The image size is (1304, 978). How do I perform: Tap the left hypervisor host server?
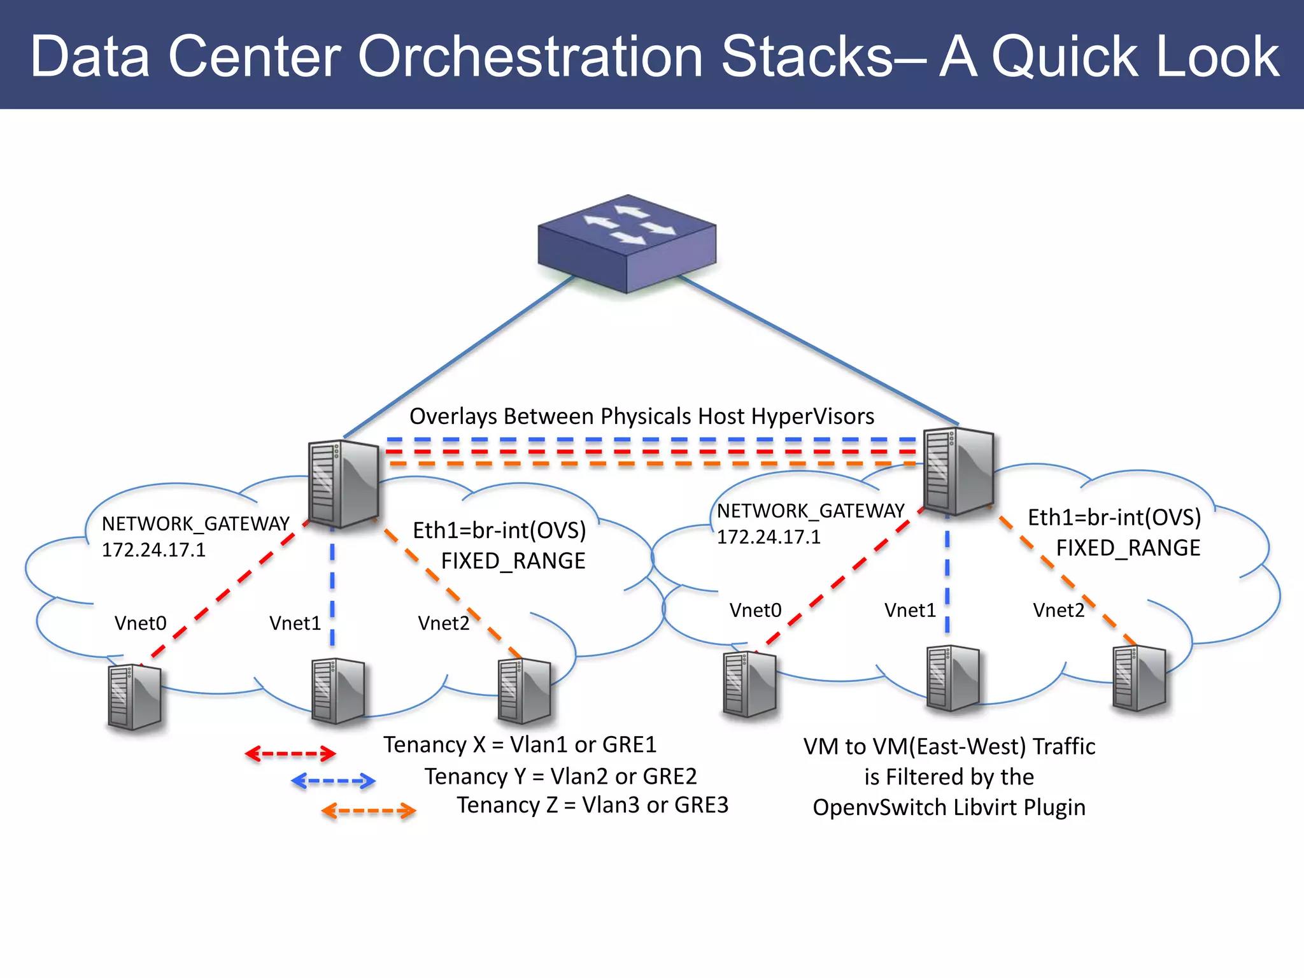point(343,484)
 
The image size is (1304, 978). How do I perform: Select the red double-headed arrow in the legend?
point(290,754)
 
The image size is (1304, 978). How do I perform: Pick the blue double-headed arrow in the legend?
point(333,781)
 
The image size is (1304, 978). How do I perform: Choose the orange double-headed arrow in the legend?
point(369,811)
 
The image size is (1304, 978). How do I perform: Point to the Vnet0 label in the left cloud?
point(140,623)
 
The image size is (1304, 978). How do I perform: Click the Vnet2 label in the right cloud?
point(1058,610)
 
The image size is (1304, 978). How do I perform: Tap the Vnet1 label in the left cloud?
point(295,623)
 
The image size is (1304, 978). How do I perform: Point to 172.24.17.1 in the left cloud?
point(153,549)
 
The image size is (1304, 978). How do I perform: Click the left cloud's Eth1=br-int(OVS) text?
point(499,530)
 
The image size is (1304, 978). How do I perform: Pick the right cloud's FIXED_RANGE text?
point(1128,548)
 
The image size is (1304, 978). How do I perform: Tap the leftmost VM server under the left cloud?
point(134,697)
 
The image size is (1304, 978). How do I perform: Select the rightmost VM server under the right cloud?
point(1139,679)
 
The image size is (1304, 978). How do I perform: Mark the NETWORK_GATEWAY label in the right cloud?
point(810,511)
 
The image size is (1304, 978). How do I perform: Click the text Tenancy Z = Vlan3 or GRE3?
point(592,805)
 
